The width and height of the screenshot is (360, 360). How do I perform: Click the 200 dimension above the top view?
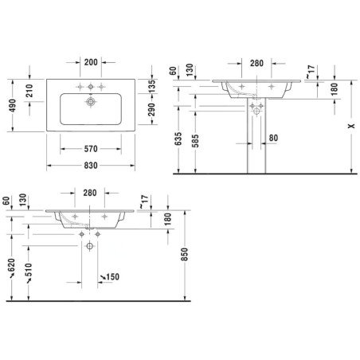click(91, 62)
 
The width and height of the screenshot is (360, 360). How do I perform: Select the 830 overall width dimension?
click(91, 166)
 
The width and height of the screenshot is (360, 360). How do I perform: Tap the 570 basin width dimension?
click(91, 149)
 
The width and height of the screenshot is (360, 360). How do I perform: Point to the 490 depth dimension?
click(12, 105)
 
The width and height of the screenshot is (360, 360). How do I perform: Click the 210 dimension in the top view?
click(29, 91)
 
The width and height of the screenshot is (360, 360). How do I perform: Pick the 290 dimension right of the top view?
click(151, 110)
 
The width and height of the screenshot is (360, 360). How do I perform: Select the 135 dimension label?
click(151, 86)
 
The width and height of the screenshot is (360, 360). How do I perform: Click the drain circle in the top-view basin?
click(91, 101)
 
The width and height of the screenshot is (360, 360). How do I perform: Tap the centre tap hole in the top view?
click(91, 87)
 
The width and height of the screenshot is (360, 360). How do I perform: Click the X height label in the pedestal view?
click(351, 126)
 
